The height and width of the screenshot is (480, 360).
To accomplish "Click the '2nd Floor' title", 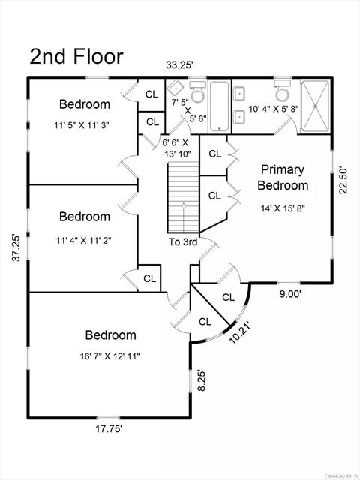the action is pos(76,57).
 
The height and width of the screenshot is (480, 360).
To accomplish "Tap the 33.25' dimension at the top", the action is pos(180,65).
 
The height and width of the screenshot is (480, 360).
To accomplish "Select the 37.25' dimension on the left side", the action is pos(16,247).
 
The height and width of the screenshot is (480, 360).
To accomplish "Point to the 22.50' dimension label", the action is pos(343,180).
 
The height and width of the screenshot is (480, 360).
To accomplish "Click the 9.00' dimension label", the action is pos(289,294).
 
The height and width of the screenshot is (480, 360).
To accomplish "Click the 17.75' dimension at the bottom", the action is pos(109,429).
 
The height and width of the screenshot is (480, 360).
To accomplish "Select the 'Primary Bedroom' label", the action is pos(283,178).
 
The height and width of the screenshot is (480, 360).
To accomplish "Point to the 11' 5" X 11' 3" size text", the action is pos(82,125).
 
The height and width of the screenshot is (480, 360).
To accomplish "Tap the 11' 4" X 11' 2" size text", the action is pos(83,240).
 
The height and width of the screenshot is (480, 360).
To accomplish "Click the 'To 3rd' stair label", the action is pos(183,242).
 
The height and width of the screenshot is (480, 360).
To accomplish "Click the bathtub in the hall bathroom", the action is pos(219,107).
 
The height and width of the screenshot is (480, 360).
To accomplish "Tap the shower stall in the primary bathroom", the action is pos(315,106).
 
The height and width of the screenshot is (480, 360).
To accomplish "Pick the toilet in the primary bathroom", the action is pos(283,91).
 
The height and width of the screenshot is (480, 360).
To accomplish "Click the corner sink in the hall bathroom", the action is pos(175,88).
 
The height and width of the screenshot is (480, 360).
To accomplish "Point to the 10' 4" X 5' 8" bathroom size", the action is pos(273,109).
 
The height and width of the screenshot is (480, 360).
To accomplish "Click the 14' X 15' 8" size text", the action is pos(283,208).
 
